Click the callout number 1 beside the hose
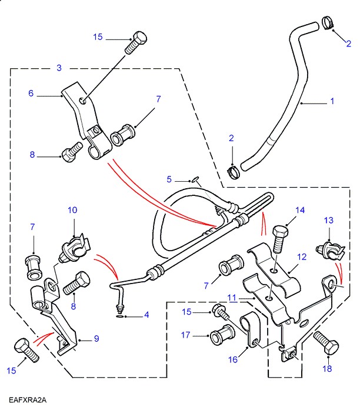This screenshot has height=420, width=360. coord(332,102)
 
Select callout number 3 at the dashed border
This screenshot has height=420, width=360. coord(59,68)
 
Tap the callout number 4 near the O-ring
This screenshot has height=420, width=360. coord(146,315)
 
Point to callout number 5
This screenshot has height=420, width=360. coord(169,179)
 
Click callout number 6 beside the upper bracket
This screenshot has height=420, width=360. coord(31,93)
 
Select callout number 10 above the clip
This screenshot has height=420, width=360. coord(72,210)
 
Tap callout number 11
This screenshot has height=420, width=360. coord(233,298)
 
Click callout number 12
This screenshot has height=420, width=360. coord(302,256)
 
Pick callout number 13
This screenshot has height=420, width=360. coord(328,220)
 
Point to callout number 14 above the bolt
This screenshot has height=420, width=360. coord(300,210)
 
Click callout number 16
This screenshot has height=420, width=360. coord(234,359)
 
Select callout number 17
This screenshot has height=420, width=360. coord(186,335)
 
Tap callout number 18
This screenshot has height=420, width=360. coord(328,369)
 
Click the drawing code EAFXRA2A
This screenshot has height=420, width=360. coord(27,401)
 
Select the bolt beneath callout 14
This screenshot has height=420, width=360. coord(280,241)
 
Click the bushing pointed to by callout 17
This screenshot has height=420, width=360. coord(221,336)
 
